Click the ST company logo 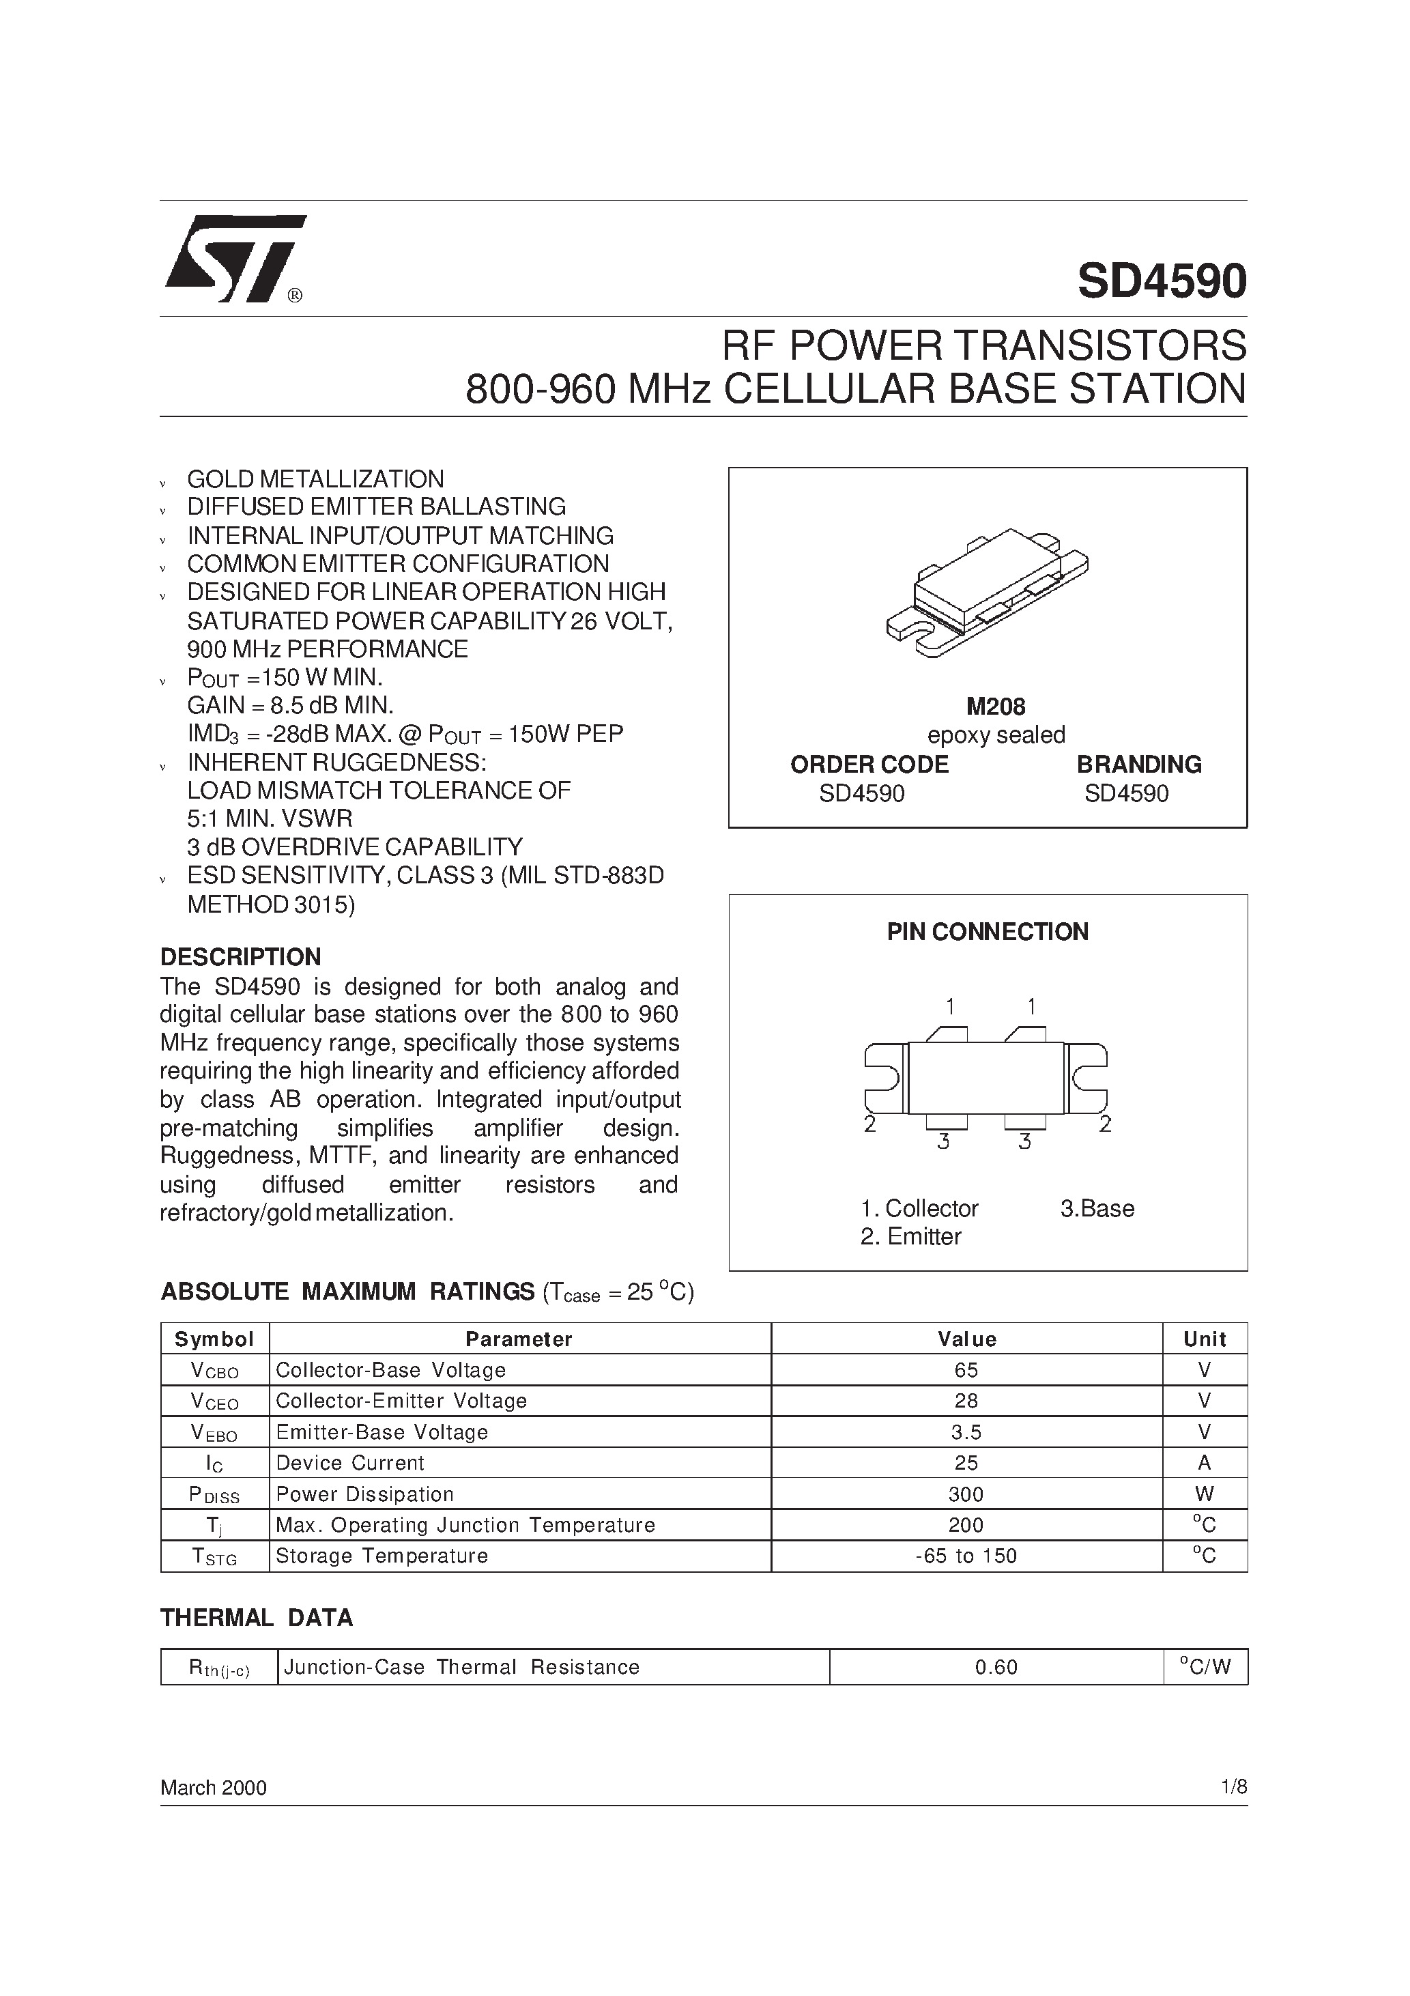coord(235,258)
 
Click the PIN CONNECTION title coord(988,932)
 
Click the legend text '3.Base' coord(1097,1208)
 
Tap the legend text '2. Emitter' coord(910,1236)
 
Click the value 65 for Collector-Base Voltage coord(966,1370)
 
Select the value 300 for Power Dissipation coord(966,1494)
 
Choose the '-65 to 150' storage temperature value coord(966,1556)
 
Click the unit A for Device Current coord(1204,1463)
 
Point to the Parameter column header coord(519,1339)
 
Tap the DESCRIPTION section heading coord(241,957)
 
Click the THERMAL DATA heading coord(257,1618)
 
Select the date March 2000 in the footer coord(213,1787)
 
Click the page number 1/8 coord(1233,1787)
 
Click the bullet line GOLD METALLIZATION coord(315,479)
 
